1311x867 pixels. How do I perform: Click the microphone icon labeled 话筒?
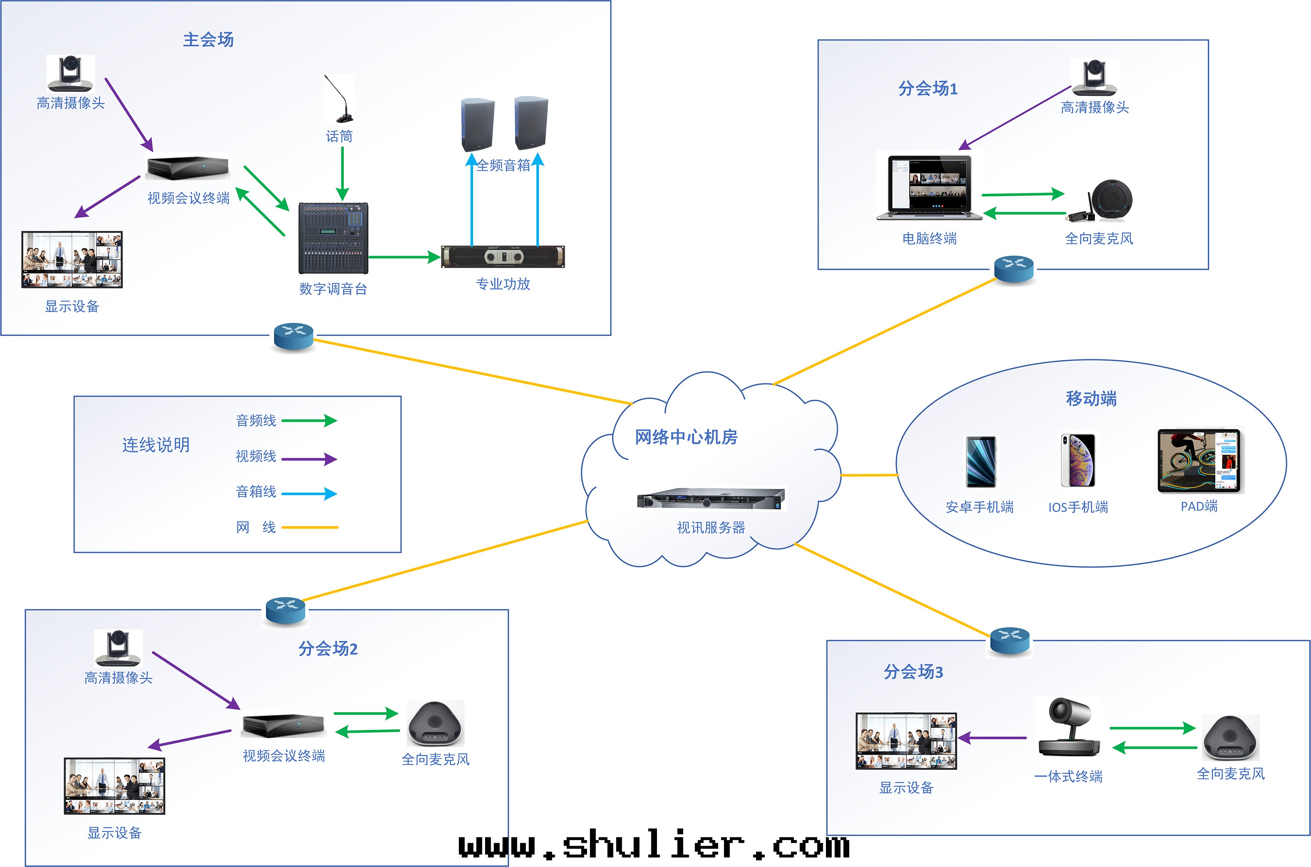tap(339, 100)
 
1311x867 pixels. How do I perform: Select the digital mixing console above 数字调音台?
tap(333, 238)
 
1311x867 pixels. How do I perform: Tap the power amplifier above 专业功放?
tap(503, 257)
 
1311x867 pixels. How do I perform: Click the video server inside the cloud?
tap(711, 498)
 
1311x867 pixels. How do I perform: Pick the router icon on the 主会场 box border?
tap(294, 336)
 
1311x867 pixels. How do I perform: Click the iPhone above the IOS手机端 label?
tap(1077, 460)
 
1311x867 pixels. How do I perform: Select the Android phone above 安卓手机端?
tap(981, 462)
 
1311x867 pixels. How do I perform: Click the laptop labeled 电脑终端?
tap(929, 188)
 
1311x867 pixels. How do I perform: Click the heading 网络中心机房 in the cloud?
tap(686, 437)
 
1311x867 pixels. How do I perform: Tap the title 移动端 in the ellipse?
tap(1091, 399)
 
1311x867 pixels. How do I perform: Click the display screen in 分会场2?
tap(114, 786)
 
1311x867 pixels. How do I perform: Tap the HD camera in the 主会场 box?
tap(70, 73)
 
